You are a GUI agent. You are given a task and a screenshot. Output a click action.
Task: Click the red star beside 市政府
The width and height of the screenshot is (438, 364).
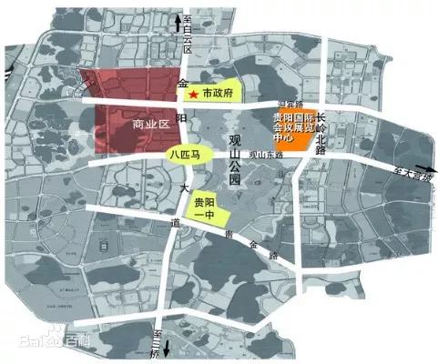point(192,94)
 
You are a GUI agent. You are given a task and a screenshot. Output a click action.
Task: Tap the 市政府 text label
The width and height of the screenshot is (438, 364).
point(217,93)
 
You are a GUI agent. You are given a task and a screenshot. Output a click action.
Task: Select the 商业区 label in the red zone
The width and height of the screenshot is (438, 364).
point(151,124)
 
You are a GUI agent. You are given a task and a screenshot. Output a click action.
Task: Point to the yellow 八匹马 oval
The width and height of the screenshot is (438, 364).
point(188,156)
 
